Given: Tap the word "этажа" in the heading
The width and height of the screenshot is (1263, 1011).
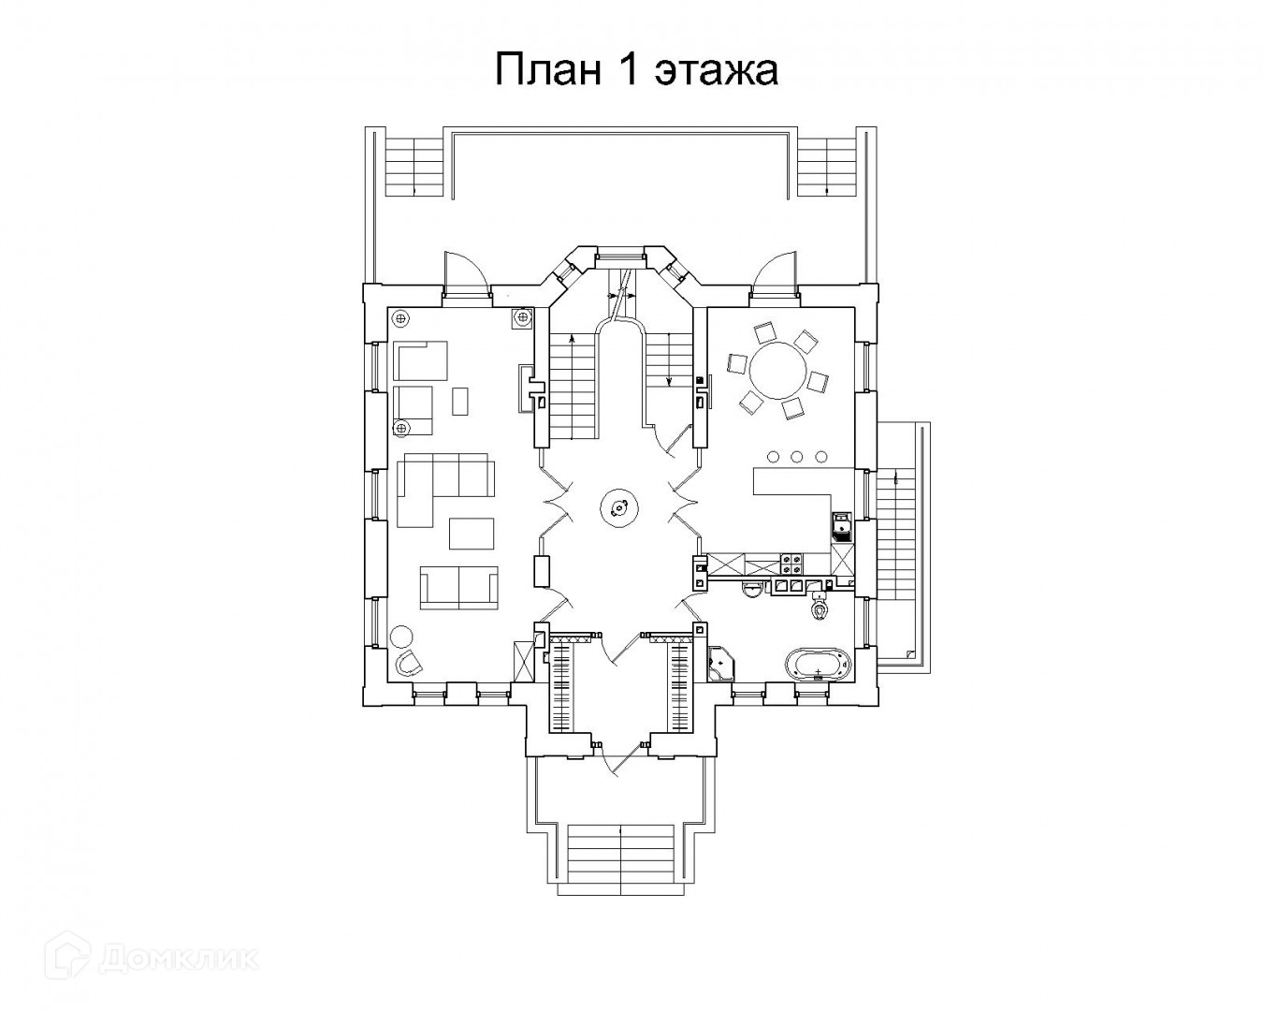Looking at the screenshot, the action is pos(717,70).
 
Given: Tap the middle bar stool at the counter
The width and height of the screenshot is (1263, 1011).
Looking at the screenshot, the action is pos(797,456).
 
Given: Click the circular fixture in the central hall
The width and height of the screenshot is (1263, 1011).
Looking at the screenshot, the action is pos(618,508).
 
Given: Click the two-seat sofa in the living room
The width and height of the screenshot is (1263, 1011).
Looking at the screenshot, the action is pos(458,587).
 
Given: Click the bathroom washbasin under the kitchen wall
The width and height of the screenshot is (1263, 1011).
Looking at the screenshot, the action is pos(751,590).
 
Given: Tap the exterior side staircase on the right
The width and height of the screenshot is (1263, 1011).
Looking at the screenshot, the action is pos(900,543).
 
